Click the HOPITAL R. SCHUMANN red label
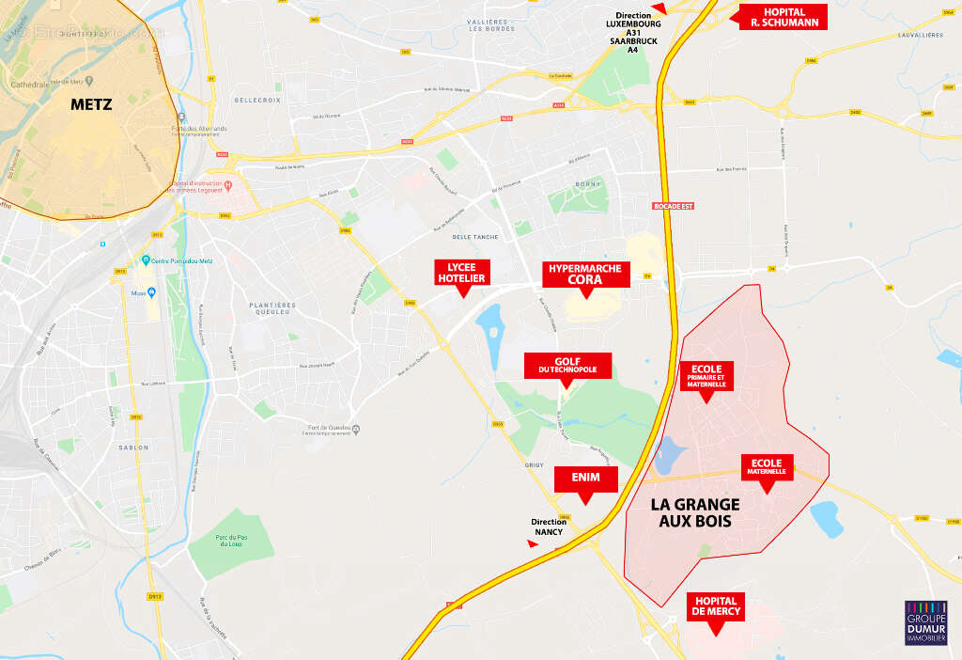click(x=783, y=17)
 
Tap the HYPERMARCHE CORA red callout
click(x=586, y=274)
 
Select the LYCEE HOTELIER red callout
click(x=460, y=272)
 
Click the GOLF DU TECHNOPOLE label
click(x=567, y=366)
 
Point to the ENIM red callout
click(x=586, y=479)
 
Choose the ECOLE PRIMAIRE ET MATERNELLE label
click(x=706, y=376)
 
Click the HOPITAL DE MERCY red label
click(x=716, y=606)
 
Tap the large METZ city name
click(x=91, y=104)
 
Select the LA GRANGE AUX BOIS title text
click(x=695, y=512)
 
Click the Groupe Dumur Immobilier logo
click(x=925, y=622)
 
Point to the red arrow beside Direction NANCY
click(x=534, y=543)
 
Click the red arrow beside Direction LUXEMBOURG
click(x=659, y=8)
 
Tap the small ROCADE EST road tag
click(x=672, y=205)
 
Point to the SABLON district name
click(x=133, y=448)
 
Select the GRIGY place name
click(x=525, y=464)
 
